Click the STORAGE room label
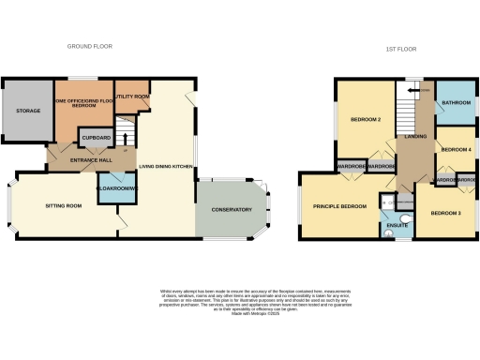(27, 111)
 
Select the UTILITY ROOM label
(132, 97)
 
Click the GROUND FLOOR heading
(90, 46)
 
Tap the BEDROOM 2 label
(365, 120)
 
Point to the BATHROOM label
(456, 102)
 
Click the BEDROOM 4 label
(456, 150)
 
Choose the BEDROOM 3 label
(446, 213)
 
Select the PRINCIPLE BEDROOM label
(339, 206)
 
